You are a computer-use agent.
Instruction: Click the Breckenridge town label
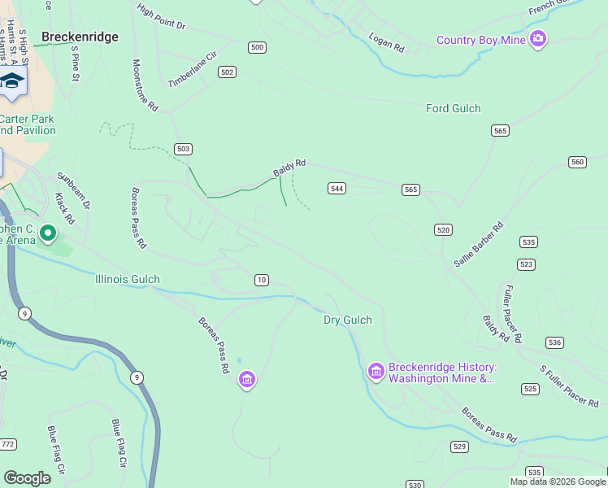(80, 37)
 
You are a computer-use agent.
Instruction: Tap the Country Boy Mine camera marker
(538, 39)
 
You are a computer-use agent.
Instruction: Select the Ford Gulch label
(454, 108)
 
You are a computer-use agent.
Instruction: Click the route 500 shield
(257, 47)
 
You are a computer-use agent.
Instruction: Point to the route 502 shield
(227, 72)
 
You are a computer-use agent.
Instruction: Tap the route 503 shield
(183, 149)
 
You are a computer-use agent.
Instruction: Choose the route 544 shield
(337, 189)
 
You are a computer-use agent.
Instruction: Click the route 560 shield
(577, 162)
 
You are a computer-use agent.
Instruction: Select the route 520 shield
(443, 230)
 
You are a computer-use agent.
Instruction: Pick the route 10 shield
(261, 280)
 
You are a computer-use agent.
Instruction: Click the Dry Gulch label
(348, 320)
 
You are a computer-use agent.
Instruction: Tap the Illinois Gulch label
(127, 279)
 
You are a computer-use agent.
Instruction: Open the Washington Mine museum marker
(376, 371)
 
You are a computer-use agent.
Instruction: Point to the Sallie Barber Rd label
(479, 244)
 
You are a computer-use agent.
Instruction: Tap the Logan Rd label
(386, 43)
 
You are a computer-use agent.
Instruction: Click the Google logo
(27, 477)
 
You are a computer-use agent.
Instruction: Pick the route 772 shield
(8, 444)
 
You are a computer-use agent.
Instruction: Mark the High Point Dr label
(161, 16)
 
